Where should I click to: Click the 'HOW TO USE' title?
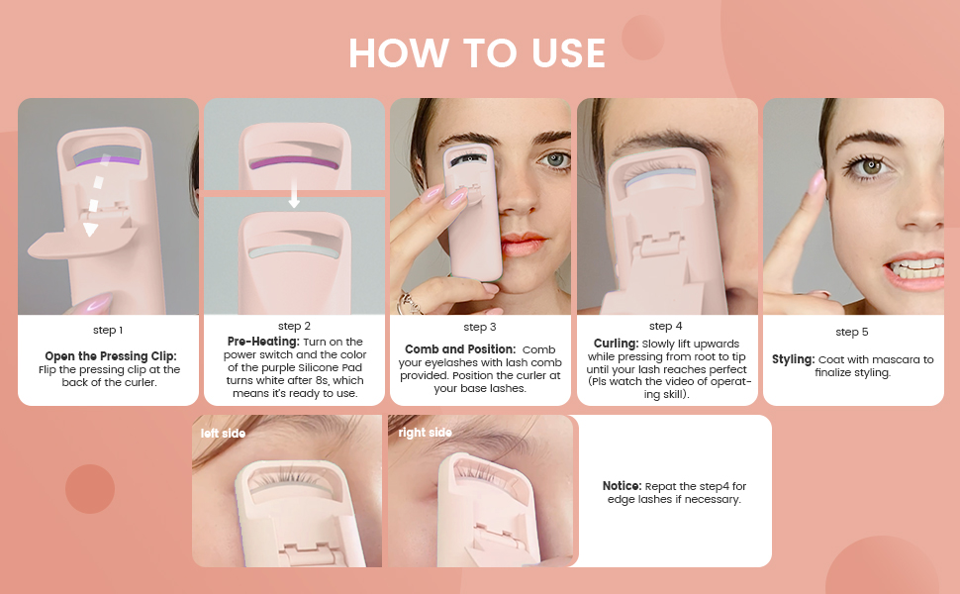pyautogui.click(x=477, y=52)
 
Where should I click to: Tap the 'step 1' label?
pyautogui.click(x=108, y=330)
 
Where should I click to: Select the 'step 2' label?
pyautogui.click(x=294, y=326)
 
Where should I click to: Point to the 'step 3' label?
pyautogui.click(x=479, y=327)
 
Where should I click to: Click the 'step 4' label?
pyautogui.click(x=665, y=326)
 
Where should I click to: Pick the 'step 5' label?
pyautogui.click(x=852, y=332)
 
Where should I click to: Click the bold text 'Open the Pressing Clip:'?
pyautogui.click(x=110, y=356)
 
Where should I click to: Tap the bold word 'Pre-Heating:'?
pyautogui.click(x=263, y=342)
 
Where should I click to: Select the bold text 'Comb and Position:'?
pyautogui.click(x=460, y=349)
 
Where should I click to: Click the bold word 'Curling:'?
pyautogui.click(x=616, y=344)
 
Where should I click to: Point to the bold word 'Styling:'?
pyautogui.click(x=793, y=359)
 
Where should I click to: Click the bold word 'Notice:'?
pyautogui.click(x=623, y=486)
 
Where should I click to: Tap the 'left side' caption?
pyautogui.click(x=223, y=434)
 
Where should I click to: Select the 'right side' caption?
pyautogui.click(x=425, y=433)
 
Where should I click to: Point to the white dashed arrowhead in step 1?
pyautogui.click(x=91, y=230)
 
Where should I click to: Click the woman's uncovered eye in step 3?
pyautogui.click(x=555, y=160)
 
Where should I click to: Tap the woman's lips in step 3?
pyautogui.click(x=523, y=245)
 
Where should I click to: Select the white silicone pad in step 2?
pyautogui.click(x=294, y=252)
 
